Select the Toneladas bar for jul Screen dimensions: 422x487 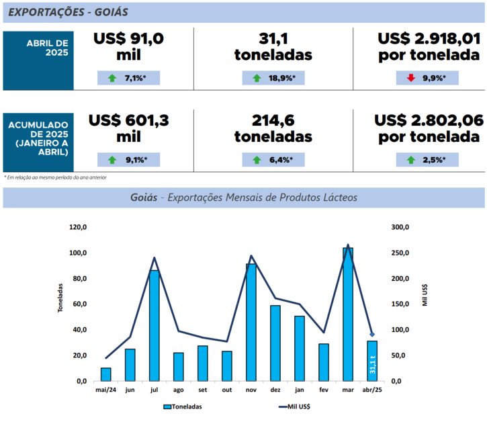154,325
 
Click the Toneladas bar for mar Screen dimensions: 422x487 348,314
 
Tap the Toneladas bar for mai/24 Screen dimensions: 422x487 105,374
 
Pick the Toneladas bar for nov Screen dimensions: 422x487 251,322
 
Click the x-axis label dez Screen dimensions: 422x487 275,389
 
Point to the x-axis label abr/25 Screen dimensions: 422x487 372,389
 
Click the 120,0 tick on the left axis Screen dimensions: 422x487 78,227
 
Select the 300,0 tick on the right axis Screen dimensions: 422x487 400,227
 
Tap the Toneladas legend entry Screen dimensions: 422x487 183,407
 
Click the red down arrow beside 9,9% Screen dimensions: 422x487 411,79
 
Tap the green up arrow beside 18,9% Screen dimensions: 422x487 257,79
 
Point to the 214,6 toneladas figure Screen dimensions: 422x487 273,128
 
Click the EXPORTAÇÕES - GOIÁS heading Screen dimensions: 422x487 69,12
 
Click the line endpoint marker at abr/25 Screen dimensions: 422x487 372,335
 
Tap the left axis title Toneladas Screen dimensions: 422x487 60,298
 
